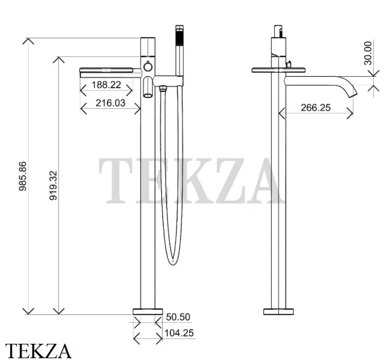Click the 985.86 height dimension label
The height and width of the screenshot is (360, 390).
[23, 176]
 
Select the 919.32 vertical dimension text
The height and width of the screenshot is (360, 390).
[53, 185]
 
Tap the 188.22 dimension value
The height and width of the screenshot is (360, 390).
[106, 85]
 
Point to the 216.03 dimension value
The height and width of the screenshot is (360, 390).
[110, 103]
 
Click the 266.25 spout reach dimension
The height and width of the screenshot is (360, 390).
[316, 108]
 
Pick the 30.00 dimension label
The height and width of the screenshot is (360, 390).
[368, 53]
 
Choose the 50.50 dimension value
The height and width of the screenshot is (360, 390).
[178, 317]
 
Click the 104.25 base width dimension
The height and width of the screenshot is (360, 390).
[179, 333]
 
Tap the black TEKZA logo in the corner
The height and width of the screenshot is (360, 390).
[38, 351]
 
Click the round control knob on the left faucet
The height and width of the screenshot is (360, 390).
[148, 67]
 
